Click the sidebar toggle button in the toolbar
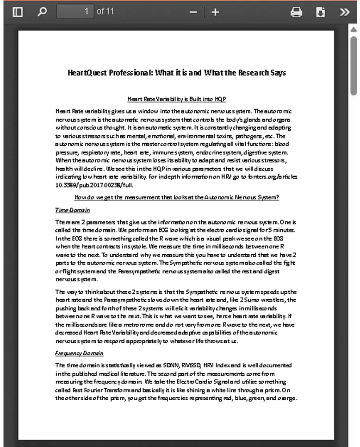click(x=18, y=12)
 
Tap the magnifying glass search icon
click(x=42, y=12)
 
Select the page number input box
click(x=74, y=12)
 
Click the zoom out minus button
click(x=193, y=12)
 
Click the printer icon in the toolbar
click(x=296, y=12)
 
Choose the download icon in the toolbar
click(x=320, y=12)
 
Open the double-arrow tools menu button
click(x=344, y=12)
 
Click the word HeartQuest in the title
click(x=87, y=73)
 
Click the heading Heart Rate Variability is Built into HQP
click(x=176, y=99)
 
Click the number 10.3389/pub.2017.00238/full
click(x=91, y=185)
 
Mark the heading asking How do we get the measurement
click(x=177, y=197)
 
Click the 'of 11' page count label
click(x=105, y=12)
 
